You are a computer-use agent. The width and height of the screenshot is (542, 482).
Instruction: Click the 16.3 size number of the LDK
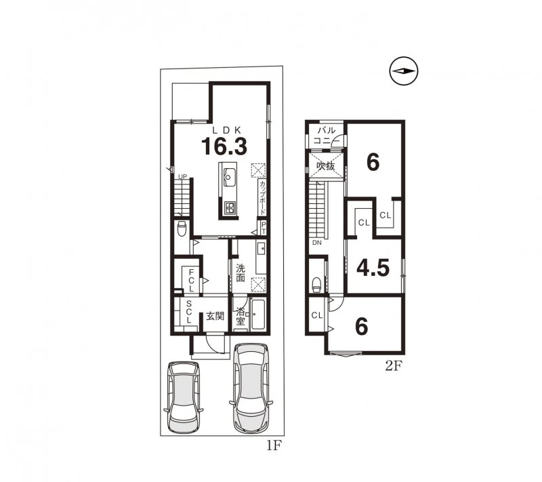[x=223, y=146]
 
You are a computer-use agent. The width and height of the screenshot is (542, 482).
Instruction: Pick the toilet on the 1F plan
[x=181, y=229]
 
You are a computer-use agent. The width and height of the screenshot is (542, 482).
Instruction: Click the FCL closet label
[x=192, y=278]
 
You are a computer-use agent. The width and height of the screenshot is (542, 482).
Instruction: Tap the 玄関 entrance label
[x=215, y=316]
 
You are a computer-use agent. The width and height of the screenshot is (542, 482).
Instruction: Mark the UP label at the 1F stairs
[x=182, y=176]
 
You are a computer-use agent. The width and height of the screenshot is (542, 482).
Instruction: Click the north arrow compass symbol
[x=404, y=71]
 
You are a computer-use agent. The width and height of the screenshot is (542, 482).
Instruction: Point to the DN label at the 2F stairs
[x=316, y=242]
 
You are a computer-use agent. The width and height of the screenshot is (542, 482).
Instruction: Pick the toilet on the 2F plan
[x=317, y=282]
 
